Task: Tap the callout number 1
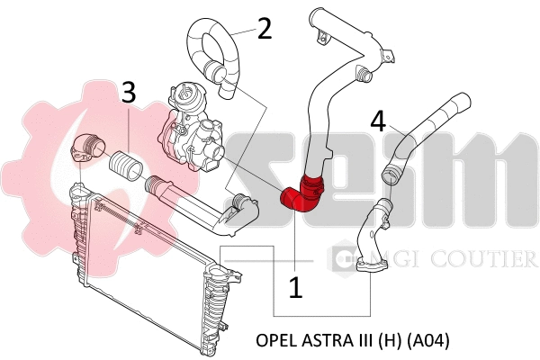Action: (294, 287)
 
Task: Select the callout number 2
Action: (263, 29)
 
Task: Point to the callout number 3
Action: (129, 92)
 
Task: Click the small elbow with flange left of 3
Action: (87, 148)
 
